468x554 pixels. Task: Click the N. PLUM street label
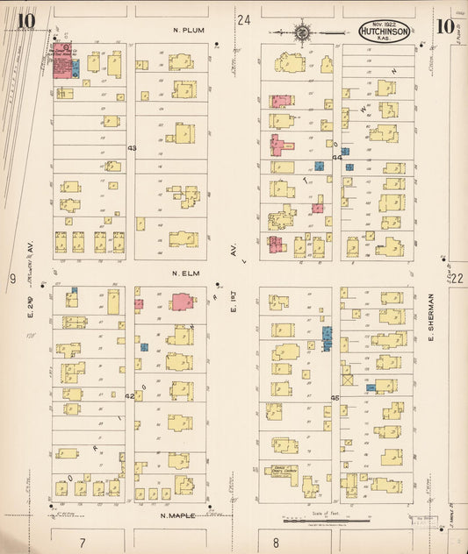pos(188,30)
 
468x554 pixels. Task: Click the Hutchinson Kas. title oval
pos(384,32)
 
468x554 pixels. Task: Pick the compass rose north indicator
pos(302,32)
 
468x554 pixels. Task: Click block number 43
pos(132,148)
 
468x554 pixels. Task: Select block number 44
pos(337,158)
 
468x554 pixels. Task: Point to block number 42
pos(129,396)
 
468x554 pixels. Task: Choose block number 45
pos(335,397)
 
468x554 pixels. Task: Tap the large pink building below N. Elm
pos(182,302)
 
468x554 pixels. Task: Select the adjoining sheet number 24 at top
pos(243,19)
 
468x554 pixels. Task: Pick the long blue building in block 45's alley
pos(327,338)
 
